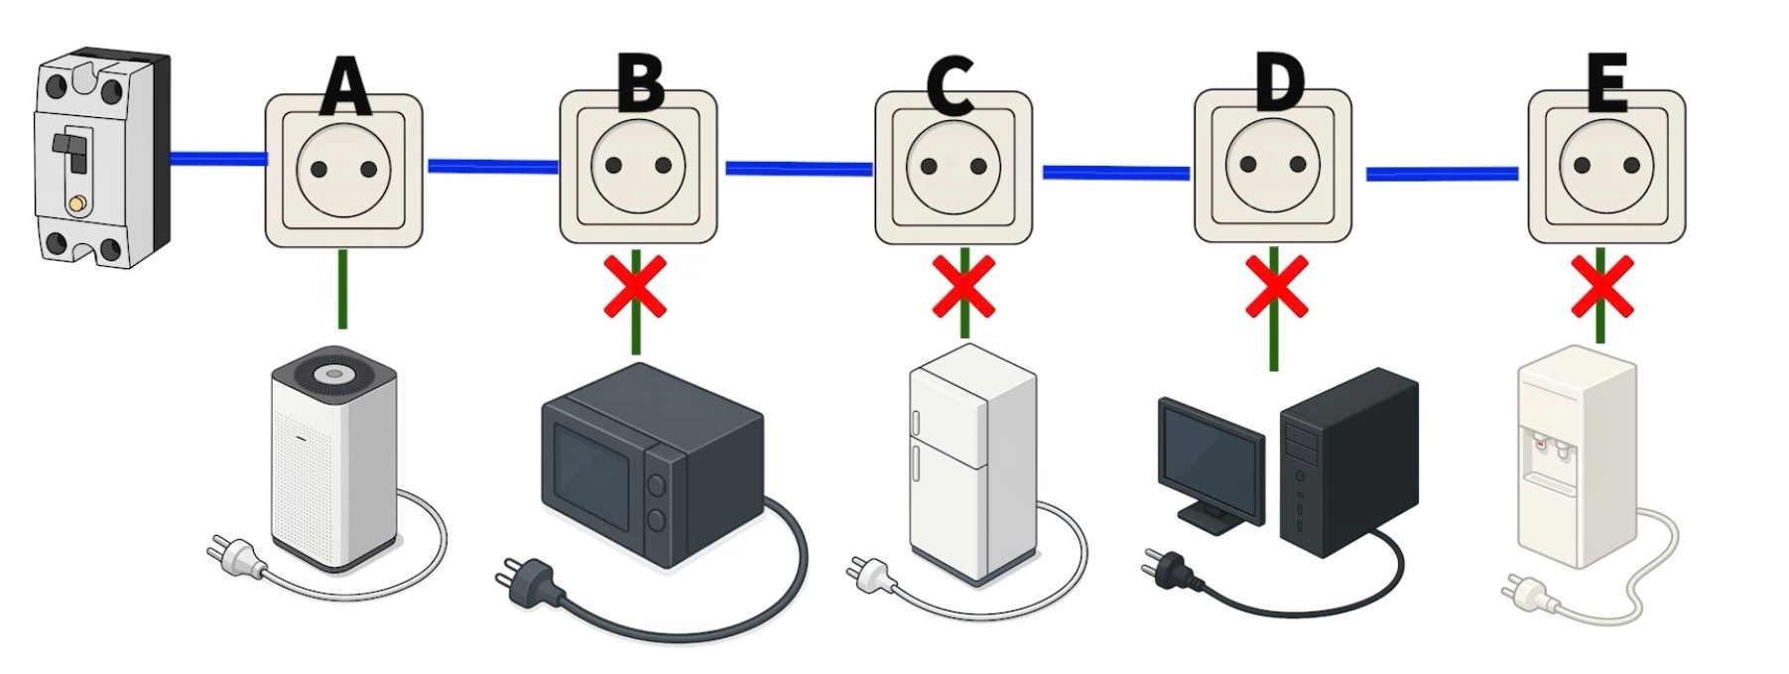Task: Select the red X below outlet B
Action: point(635,288)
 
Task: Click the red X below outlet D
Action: point(1276,286)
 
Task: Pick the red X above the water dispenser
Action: point(1601,287)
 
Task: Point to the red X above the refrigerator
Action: point(963,286)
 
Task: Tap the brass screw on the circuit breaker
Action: point(75,204)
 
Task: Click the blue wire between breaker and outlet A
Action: point(217,158)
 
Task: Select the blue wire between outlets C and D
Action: point(1115,173)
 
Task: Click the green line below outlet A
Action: point(342,288)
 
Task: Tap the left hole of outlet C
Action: point(928,167)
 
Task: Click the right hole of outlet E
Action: point(1630,166)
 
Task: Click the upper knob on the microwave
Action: point(656,485)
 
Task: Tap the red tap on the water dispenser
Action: point(1540,446)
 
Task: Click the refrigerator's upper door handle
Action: point(916,422)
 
